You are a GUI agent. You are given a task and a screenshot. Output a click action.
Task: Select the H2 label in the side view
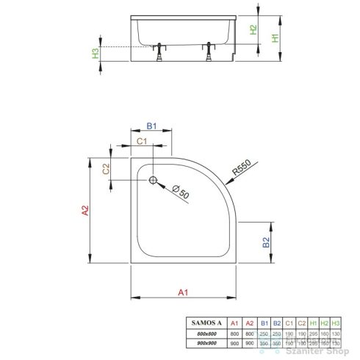tap(253, 30)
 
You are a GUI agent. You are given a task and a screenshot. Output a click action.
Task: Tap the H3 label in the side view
tap(96, 54)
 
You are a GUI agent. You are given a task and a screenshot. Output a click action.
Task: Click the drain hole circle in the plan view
tap(153, 180)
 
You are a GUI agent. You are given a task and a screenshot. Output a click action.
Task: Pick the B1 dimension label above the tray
tap(151, 126)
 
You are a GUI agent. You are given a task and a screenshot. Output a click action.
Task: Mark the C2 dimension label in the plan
tap(107, 168)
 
